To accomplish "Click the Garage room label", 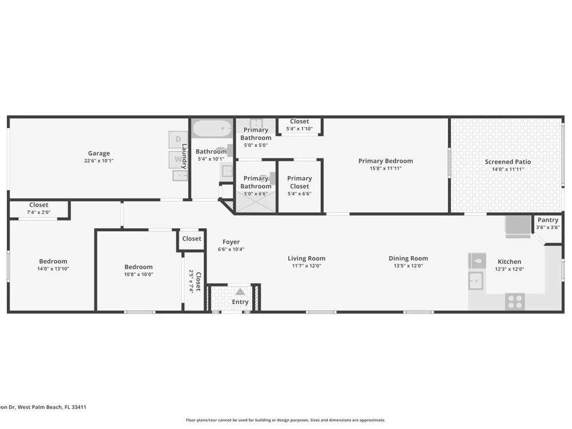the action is point(99,153).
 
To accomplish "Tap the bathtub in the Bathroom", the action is point(212,128).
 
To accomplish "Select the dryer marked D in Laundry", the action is point(178,140).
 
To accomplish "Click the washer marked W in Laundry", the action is point(178,160).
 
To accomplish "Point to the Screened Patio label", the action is point(508,162).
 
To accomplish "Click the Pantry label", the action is point(548,220).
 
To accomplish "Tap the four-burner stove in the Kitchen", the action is point(515,301).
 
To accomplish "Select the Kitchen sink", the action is point(476,280).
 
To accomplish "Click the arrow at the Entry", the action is point(240,292).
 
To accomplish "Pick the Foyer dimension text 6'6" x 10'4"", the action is point(231,249).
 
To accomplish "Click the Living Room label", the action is point(307,259).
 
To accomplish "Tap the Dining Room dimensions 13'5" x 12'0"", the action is point(408,265).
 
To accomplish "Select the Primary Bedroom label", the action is point(386,161).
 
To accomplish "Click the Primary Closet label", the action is point(300,182).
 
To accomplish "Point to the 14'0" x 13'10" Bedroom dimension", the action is point(53,268).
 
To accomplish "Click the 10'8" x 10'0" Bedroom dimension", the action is point(138,275).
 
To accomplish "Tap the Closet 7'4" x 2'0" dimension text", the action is point(39,212).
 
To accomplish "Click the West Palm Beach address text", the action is point(43,407).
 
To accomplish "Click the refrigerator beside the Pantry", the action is point(518,227).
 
